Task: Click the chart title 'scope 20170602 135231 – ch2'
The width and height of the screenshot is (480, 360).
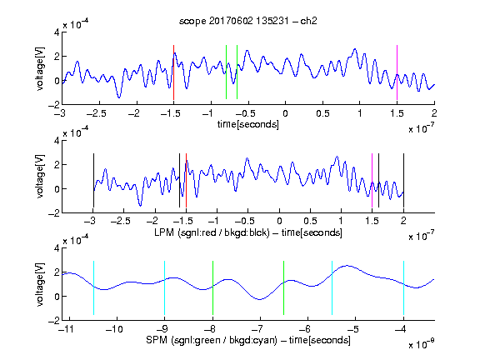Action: (248, 21)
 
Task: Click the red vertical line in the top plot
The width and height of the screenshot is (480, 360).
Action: (173, 72)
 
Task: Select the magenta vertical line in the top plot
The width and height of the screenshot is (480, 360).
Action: (397, 72)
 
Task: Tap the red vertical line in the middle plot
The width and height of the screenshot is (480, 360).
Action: (186, 180)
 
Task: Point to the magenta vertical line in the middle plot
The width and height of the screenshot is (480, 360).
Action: (372, 180)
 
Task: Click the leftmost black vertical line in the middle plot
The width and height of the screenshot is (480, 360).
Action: (93, 180)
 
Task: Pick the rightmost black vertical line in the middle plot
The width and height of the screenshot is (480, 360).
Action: (403, 180)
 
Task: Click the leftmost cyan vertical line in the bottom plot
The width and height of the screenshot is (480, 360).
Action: (93, 287)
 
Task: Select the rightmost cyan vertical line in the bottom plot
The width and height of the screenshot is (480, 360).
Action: (403, 287)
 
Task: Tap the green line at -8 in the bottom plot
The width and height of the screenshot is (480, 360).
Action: (212, 287)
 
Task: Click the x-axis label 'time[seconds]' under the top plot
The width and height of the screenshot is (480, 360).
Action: (248, 124)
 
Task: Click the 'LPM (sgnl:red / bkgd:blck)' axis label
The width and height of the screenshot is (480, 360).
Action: (212, 232)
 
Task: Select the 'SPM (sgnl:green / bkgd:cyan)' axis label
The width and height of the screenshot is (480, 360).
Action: (212, 340)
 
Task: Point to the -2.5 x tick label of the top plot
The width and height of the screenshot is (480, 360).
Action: (97, 113)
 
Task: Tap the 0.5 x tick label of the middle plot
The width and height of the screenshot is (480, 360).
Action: (310, 221)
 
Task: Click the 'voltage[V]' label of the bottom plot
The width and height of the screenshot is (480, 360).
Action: (40, 284)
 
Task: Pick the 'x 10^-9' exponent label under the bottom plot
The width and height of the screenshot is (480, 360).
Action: (421, 344)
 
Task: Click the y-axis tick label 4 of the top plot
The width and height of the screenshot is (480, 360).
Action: (57, 32)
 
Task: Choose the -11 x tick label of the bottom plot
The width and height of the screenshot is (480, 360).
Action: (66, 329)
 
